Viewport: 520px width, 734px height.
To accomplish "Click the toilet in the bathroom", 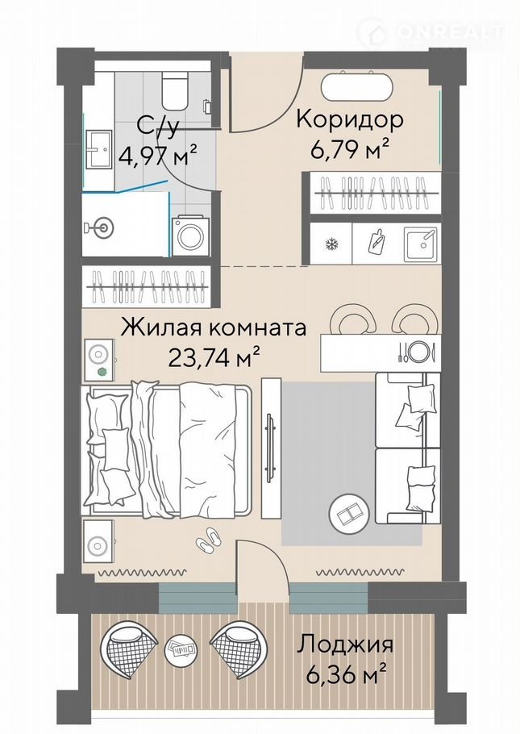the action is [174, 91].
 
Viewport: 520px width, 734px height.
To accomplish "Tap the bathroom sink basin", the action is [99, 149].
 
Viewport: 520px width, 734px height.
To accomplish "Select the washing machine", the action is [189, 236].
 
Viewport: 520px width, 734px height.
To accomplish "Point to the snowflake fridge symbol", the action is [331, 244].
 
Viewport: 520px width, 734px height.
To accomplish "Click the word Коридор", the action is [350, 119].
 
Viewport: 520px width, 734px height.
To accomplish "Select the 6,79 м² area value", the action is [350, 150].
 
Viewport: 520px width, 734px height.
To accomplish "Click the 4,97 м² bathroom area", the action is [157, 156].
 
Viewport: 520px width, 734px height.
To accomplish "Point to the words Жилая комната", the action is [214, 327].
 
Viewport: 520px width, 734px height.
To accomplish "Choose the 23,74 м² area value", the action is [214, 359].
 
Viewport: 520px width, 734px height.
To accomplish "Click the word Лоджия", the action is [346, 645].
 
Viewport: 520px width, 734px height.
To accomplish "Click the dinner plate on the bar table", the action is [418, 351].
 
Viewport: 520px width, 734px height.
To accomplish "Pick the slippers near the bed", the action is [208, 540].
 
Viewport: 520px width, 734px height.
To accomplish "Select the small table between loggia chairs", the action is [181, 649].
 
